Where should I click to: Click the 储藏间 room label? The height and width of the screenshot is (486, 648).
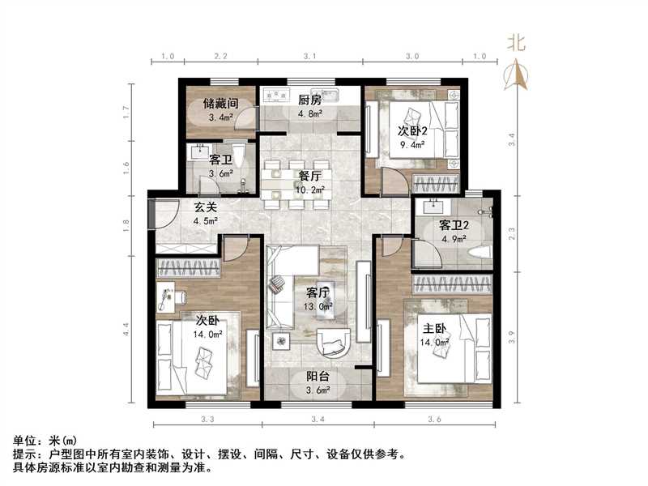220,103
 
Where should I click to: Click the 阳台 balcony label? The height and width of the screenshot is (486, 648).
317,375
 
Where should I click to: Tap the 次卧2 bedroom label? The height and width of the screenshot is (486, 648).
411,131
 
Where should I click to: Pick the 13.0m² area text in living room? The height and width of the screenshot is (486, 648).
318,306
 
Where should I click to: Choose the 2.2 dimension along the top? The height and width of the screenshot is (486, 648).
220,57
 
